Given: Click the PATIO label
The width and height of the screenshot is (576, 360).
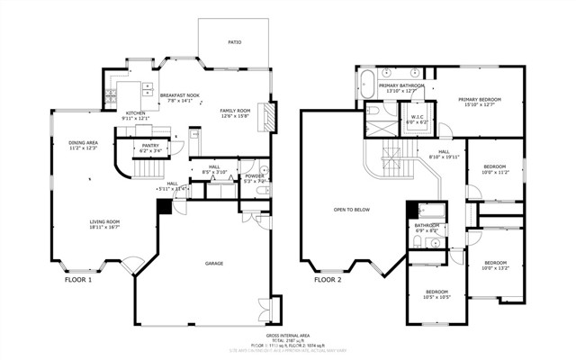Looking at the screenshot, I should (x=234, y=41).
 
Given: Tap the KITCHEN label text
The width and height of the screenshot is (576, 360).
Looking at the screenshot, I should (x=122, y=88).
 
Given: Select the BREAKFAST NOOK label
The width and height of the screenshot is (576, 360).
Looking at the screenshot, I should (x=181, y=94).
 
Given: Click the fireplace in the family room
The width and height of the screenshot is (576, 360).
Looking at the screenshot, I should (x=265, y=117).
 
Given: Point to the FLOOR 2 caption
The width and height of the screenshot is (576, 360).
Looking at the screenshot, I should (x=328, y=280).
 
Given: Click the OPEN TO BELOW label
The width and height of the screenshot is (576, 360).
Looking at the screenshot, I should (x=352, y=210).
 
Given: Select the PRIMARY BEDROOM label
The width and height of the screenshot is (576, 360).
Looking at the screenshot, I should (x=479, y=99).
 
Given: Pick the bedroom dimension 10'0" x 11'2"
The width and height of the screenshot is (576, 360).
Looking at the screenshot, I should (x=495, y=172).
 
